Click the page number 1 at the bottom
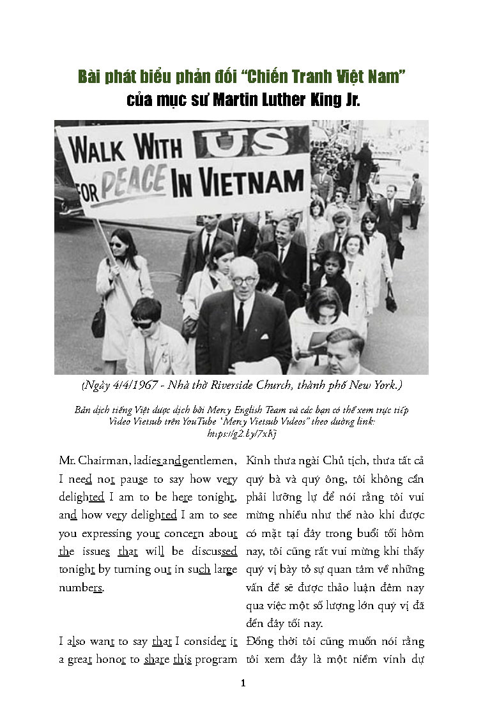tap(242, 683)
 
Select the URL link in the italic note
tap(241, 433)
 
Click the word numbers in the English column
tap(80, 587)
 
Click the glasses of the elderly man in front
tap(243, 279)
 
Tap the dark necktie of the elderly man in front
tap(240, 317)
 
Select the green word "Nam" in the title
tap(391, 78)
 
